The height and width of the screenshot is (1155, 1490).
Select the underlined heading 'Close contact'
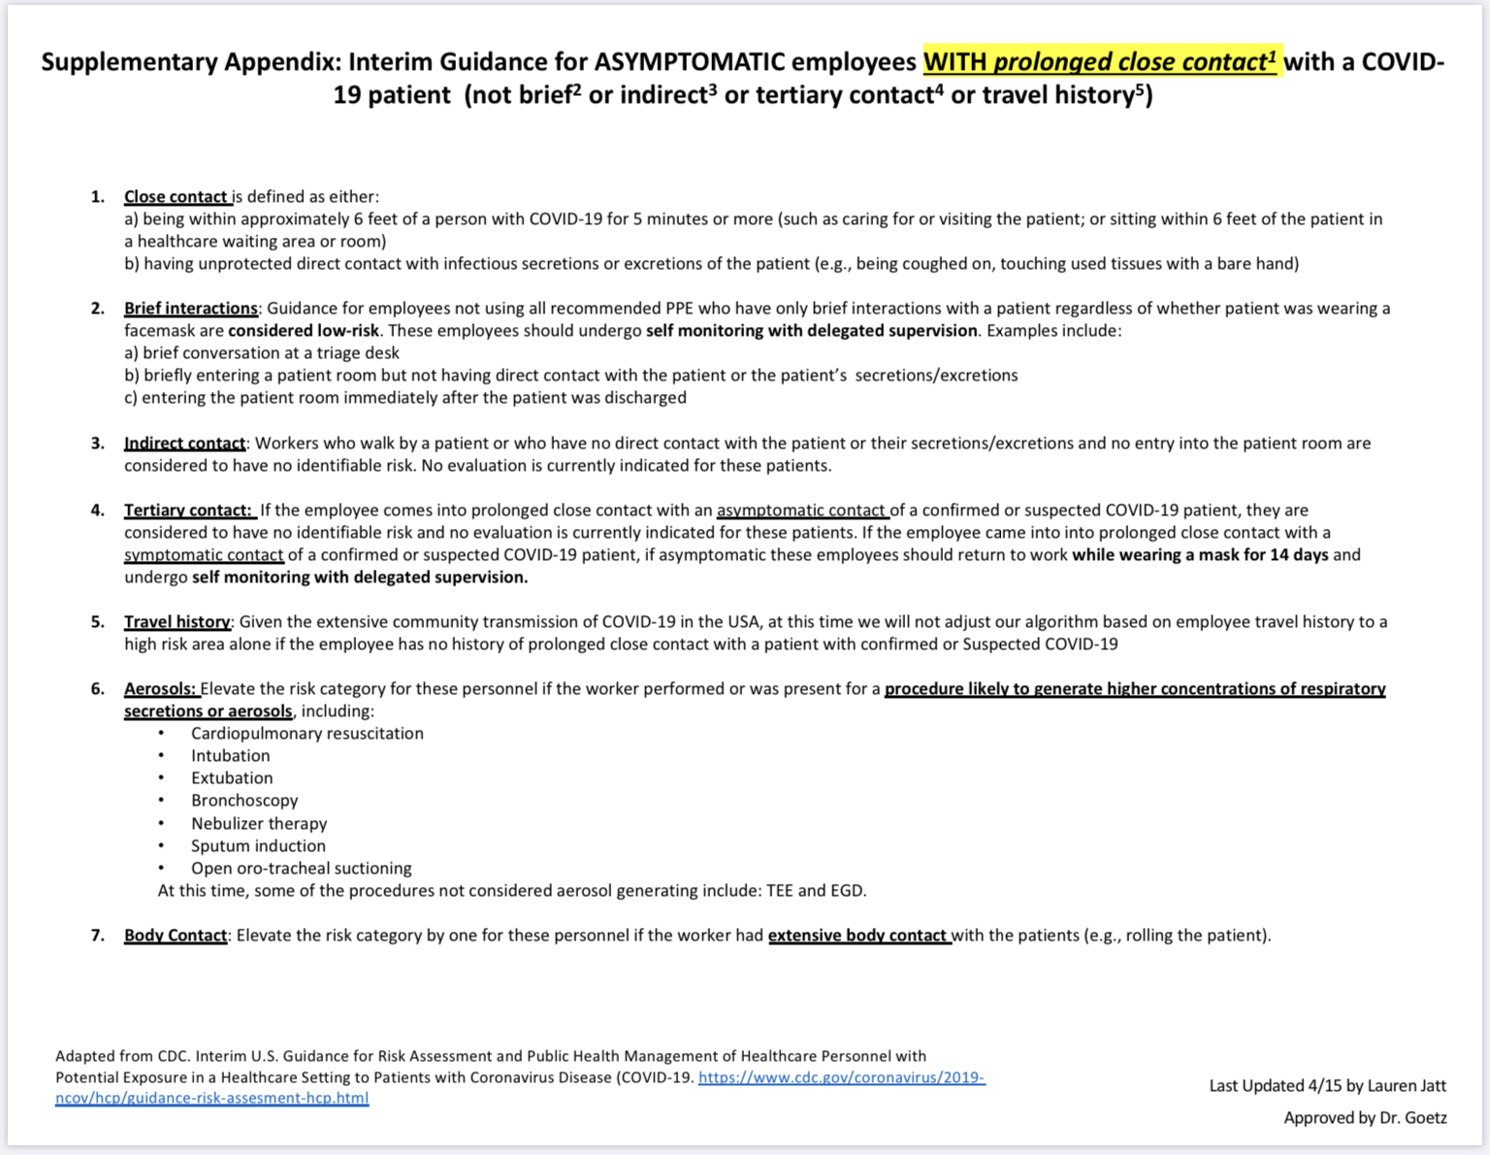click(177, 197)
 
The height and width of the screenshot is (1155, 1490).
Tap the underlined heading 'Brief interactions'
click(190, 309)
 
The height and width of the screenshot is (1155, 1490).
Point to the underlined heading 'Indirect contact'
click(184, 444)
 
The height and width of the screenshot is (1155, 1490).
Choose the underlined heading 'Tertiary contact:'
click(188, 511)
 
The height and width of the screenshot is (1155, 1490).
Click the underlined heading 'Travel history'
click(177, 622)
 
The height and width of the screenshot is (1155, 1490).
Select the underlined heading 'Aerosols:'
click(161, 689)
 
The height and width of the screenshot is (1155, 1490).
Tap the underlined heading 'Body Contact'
click(176, 936)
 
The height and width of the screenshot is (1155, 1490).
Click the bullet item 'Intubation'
click(230, 756)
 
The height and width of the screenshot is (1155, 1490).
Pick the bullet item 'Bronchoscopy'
click(244, 801)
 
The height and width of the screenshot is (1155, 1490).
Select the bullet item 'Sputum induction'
click(258, 846)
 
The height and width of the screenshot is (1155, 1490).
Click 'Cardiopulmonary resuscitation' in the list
click(307, 734)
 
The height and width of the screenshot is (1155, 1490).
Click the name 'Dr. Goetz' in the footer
click(1413, 1118)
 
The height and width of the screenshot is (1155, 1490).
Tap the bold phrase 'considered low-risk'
click(304, 331)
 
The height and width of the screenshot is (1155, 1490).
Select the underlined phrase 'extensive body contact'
click(858, 936)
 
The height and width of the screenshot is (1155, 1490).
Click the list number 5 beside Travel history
click(97, 622)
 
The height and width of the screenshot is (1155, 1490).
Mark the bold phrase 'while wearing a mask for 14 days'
click(1200, 555)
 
